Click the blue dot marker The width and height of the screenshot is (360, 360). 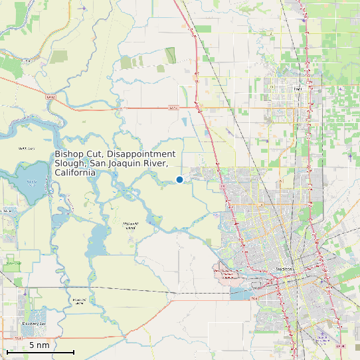coord(179,179)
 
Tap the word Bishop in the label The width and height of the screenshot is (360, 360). coord(70,154)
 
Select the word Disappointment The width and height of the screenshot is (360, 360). coord(143,154)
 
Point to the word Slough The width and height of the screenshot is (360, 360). coord(70,163)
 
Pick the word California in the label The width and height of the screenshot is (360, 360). coord(75,173)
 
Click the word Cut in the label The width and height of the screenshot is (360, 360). coord(96,154)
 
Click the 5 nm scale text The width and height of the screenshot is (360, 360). coord(39,345)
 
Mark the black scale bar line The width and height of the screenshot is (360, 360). coord(40,352)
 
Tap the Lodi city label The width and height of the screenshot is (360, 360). coord(297,88)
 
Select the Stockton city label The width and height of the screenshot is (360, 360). coord(284,269)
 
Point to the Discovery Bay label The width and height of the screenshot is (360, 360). coord(33,323)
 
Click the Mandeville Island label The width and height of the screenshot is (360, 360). coord(130,227)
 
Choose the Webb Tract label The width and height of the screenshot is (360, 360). coord(27,149)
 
